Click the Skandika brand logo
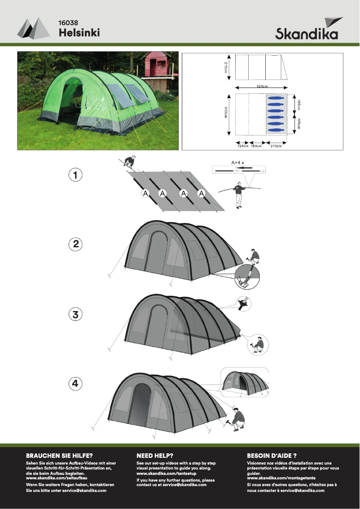[309, 28]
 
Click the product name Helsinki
[79, 32]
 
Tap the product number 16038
[68, 23]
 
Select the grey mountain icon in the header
[33, 28]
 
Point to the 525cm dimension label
[262, 86]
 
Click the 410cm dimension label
[226, 113]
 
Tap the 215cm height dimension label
[226, 67]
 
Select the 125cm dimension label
[243, 146]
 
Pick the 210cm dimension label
[276, 146]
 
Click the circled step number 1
[75, 175]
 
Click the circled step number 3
[75, 314]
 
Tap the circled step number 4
[75, 383]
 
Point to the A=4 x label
[237, 162]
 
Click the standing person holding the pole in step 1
[239, 195]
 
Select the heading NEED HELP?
[155, 456]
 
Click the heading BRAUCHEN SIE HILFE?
[59, 456]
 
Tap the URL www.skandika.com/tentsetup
[167, 473]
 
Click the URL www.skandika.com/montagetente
[281, 478]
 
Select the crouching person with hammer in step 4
[237, 419]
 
